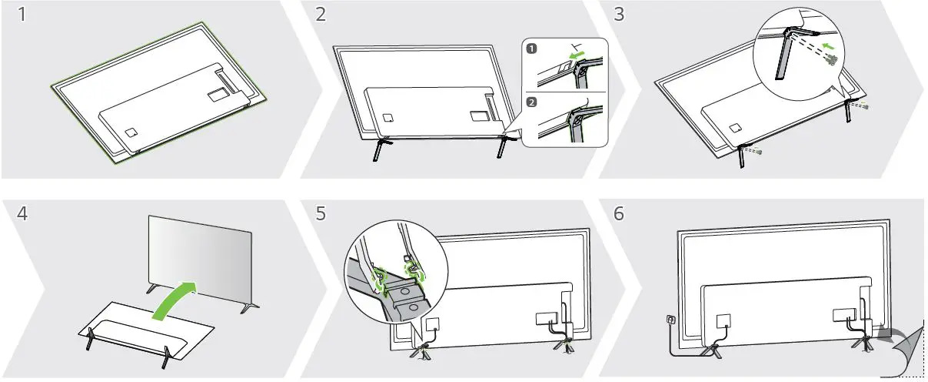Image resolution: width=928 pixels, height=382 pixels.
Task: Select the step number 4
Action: tap(25, 213)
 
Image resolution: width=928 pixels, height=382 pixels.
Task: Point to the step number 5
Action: tap(322, 213)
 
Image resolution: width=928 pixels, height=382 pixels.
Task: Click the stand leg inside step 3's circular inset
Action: tap(782, 58)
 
